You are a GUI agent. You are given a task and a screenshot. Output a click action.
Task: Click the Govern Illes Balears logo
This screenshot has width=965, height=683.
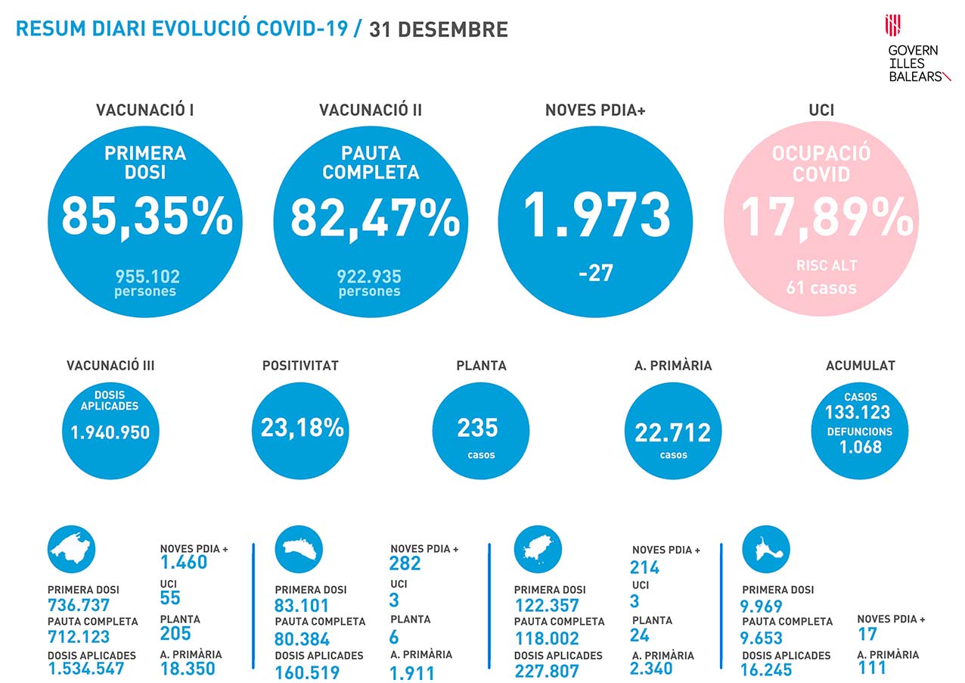click(x=916, y=48)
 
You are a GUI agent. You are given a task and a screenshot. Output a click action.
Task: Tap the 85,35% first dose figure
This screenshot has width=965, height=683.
click(x=147, y=217)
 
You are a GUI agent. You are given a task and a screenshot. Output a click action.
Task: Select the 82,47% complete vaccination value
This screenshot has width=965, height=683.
click(x=375, y=217)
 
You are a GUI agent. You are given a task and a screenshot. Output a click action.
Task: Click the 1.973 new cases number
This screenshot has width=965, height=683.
click(x=597, y=214)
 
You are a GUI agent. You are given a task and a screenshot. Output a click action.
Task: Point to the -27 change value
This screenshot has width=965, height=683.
click(x=595, y=273)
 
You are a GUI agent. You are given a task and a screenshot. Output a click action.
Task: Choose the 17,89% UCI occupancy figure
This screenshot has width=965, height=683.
click(x=826, y=217)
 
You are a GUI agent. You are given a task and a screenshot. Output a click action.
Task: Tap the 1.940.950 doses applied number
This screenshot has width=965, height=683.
click(x=110, y=432)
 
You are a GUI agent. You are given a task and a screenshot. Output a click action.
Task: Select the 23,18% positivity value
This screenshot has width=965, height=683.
click(x=303, y=428)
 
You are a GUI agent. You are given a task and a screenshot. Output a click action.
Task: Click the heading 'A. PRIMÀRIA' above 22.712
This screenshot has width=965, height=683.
click(x=673, y=366)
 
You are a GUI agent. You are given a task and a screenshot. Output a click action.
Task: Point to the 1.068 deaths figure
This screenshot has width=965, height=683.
click(x=861, y=447)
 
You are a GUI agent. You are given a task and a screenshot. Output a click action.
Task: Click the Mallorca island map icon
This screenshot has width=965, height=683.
click(x=72, y=549)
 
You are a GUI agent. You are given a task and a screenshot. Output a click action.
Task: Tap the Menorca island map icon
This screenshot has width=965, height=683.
click(x=299, y=549)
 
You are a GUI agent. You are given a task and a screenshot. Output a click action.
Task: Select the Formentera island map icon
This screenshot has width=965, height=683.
click(x=766, y=549)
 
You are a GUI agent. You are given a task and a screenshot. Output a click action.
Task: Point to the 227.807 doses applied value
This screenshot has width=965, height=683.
click(x=547, y=671)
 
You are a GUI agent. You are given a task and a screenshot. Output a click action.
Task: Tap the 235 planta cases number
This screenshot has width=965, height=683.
click(x=478, y=428)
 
